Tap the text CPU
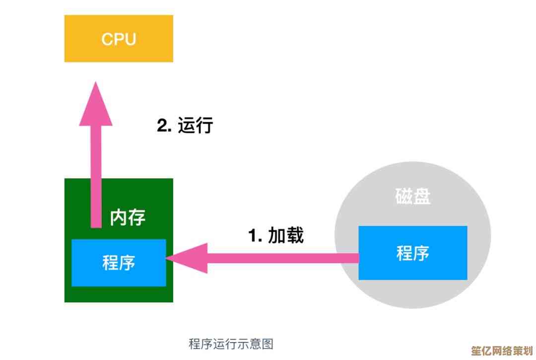(119, 39)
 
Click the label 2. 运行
(185, 126)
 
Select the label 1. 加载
(276, 235)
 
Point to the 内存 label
(128, 217)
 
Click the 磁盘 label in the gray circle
(413, 197)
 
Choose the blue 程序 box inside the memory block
(119, 262)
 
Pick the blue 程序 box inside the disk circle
(412, 253)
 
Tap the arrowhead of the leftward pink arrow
(189, 258)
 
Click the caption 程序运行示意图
(231, 344)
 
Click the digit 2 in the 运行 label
(162, 126)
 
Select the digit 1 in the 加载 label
(254, 236)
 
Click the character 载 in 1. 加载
(295, 235)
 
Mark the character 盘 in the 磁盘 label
(422, 197)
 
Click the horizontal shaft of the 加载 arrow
(283, 258)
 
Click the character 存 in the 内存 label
(137, 217)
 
